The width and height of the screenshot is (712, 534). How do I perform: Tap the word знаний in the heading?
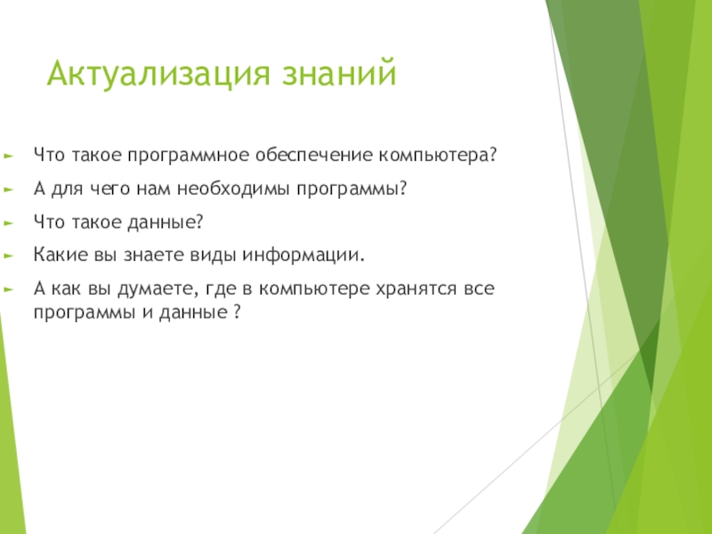(x=339, y=72)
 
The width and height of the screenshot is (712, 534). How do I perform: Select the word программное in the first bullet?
(x=189, y=156)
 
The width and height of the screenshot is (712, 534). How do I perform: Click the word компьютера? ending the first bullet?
(x=438, y=156)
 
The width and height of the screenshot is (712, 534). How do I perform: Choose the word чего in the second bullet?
(x=109, y=190)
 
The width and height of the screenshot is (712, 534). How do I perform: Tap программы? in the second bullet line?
(x=352, y=190)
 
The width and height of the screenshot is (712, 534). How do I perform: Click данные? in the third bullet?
(x=166, y=222)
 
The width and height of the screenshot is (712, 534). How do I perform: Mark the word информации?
(x=303, y=255)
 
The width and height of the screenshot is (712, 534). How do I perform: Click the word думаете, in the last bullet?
(x=158, y=289)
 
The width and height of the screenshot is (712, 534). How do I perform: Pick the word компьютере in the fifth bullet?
(x=314, y=289)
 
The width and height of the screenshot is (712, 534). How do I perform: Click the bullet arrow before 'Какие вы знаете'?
(x=9, y=255)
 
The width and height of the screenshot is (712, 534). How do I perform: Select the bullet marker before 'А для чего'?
(x=9, y=190)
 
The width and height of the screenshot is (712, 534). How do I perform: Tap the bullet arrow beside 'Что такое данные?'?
(x=9, y=223)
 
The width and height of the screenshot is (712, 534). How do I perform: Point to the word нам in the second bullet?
(x=153, y=190)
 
